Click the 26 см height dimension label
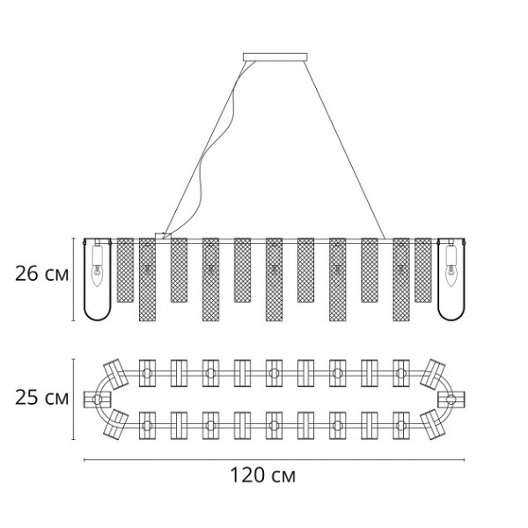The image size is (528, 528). point(41,274)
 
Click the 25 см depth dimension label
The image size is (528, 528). point(41,398)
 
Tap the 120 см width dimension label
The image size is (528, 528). point(263,475)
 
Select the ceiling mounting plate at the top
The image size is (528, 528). point(275,57)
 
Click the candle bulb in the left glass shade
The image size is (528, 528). point(97,275)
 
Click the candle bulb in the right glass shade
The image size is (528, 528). point(450,275)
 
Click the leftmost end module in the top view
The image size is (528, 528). point(98,400)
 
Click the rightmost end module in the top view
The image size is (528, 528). point(451,400)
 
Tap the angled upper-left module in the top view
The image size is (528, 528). point(115,374)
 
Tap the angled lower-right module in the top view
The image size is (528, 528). point(433,425)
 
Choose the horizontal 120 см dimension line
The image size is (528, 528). point(274,459)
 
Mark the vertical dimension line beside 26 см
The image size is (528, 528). point(74,280)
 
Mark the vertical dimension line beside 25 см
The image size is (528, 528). point(74,400)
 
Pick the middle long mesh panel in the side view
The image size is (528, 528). point(274,280)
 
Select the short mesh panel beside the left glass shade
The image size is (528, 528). point(125,270)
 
